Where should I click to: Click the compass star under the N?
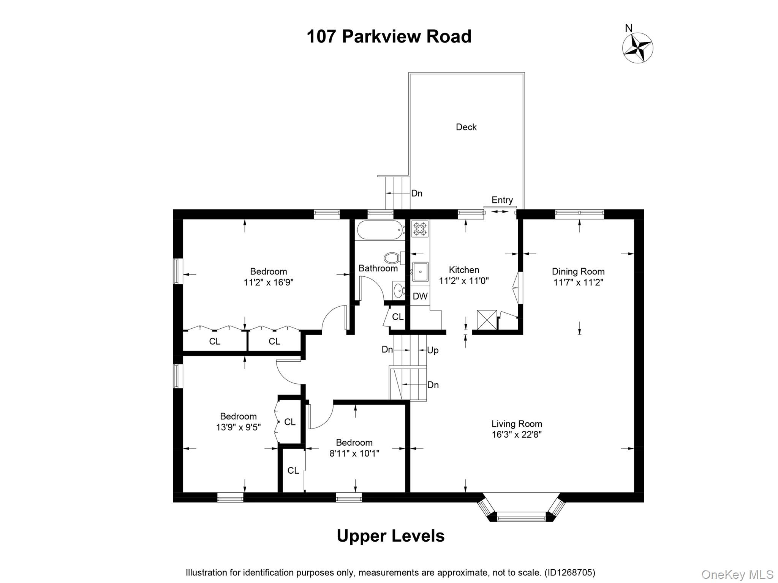637,48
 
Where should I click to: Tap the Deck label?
466,127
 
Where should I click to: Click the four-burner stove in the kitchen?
420,228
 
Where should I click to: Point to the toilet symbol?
393,258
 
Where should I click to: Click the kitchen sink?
420,272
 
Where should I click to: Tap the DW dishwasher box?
420,296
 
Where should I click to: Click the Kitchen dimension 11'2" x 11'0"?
463,281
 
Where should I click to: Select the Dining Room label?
578,271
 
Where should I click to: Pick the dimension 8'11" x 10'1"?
354,454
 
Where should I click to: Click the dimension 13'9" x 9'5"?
238,427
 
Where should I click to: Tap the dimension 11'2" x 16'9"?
268,282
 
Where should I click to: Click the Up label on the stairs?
433,350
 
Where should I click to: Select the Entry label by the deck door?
502,200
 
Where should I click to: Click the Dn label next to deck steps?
417,194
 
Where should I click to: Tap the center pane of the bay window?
521,517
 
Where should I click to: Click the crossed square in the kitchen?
487,320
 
